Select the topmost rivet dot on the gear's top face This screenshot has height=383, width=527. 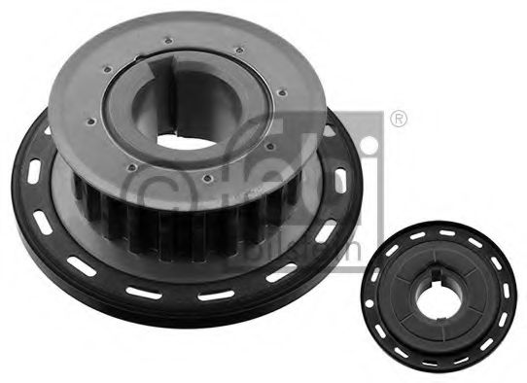(170, 40)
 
